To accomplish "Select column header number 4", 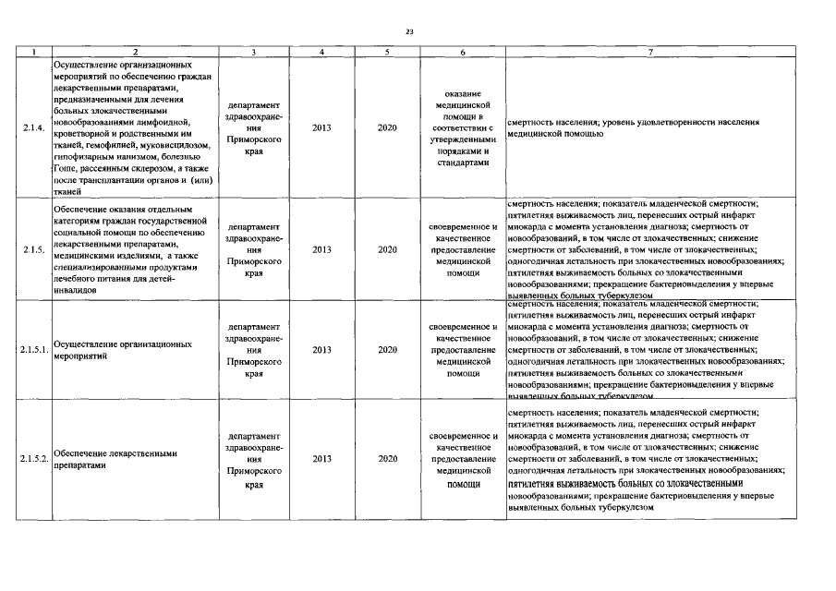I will [321, 54].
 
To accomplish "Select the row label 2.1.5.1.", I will [33, 350].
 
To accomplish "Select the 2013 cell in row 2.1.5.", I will [321, 249].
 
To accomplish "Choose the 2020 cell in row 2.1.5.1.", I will [388, 350].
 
